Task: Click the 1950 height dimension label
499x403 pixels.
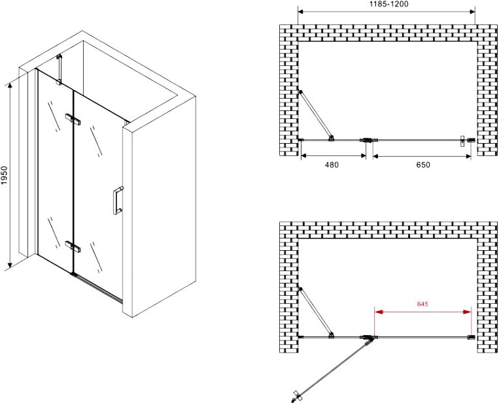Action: coord(4,175)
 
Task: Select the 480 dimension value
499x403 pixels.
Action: coord(332,165)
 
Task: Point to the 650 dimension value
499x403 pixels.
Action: coord(423,165)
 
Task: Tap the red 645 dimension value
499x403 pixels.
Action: coord(422,304)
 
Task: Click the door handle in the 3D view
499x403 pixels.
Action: coord(118,201)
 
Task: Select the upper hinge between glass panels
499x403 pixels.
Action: coord(73,119)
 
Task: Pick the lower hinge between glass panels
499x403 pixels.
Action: coord(73,247)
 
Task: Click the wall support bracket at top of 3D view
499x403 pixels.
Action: coord(59,70)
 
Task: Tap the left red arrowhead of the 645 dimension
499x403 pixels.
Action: coord(378,312)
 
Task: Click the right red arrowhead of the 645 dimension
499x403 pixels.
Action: coord(468,312)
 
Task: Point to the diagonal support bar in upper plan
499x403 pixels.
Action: coord(316,115)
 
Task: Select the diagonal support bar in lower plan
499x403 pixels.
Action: coord(316,312)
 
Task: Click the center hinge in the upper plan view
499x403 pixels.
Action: coord(368,140)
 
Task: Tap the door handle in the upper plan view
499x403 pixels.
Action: coord(462,141)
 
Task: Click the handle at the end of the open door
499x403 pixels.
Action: coord(296,395)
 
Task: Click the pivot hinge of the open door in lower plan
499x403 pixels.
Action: coord(368,338)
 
